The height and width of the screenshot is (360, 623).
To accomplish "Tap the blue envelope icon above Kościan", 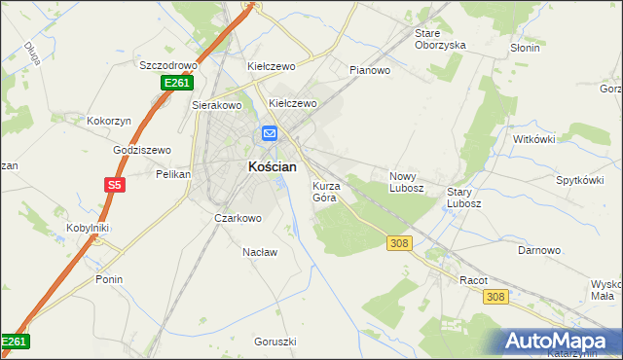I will [270, 133].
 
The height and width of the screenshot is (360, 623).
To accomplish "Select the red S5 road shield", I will [116, 184].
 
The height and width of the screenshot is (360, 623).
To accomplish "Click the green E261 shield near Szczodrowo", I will [176, 85].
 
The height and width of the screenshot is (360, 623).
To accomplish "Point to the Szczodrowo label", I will [169, 65].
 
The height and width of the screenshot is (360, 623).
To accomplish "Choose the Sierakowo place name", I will [216, 104].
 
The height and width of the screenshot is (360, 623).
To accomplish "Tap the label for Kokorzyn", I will [109, 120].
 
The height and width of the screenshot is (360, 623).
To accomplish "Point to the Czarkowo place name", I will [238, 218].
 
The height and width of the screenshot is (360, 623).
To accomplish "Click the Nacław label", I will [260, 251].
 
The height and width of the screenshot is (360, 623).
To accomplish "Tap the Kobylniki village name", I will [87, 228].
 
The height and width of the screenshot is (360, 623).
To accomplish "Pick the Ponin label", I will [109, 279].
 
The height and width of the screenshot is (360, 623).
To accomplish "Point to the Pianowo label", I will [370, 70].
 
